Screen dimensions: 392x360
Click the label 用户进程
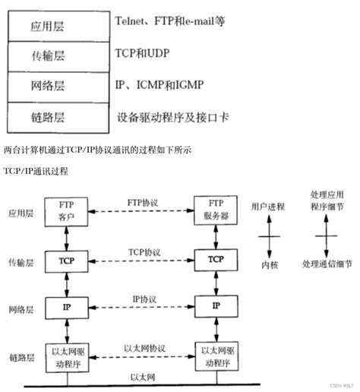pos(267,205)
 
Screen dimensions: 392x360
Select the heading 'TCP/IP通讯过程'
pos(36,170)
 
